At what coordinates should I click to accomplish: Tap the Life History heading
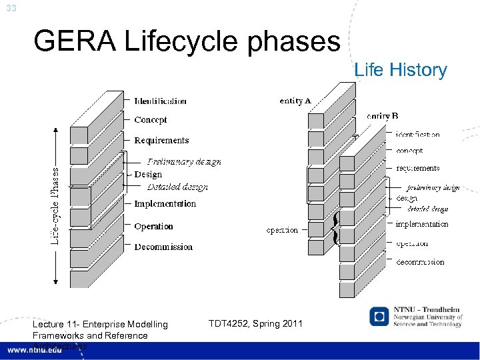pos(401,70)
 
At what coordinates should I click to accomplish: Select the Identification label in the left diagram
pos(160,101)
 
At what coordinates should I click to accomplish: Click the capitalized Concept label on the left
pos(150,120)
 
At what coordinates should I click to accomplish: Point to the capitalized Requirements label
pos(161,141)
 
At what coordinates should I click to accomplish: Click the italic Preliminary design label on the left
pos(184,161)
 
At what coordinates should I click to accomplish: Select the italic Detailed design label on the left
pos(177,187)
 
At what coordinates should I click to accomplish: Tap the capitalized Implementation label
pos(165,204)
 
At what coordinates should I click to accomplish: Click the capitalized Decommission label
pos(163,247)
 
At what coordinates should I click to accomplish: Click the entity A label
pos(295,101)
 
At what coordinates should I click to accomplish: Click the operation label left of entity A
pos(282,230)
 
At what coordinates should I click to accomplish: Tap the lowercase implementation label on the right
pos(421,225)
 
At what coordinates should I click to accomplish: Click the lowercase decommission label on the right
pos(420,262)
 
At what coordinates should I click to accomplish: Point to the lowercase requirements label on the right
pos(417,169)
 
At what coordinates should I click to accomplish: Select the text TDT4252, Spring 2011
pos(255,323)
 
